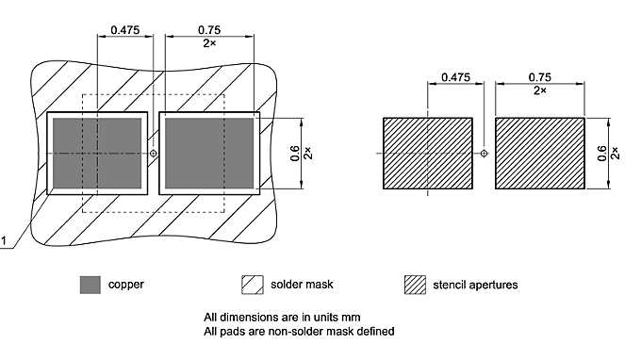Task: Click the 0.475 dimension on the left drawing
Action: click(x=124, y=30)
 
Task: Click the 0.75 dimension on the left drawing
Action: click(x=210, y=30)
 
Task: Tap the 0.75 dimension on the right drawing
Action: click(x=540, y=76)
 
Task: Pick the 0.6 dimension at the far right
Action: click(x=603, y=152)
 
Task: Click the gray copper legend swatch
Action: click(x=90, y=284)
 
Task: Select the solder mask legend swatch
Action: click(x=253, y=284)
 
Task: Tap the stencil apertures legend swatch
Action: click(x=413, y=284)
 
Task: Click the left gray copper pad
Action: click(x=98, y=153)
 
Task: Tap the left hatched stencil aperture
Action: click(x=427, y=153)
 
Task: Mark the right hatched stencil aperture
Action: click(x=540, y=153)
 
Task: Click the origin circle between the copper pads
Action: click(x=155, y=153)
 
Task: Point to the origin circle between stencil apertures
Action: click(x=485, y=153)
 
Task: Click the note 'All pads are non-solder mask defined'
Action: click(x=299, y=331)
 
